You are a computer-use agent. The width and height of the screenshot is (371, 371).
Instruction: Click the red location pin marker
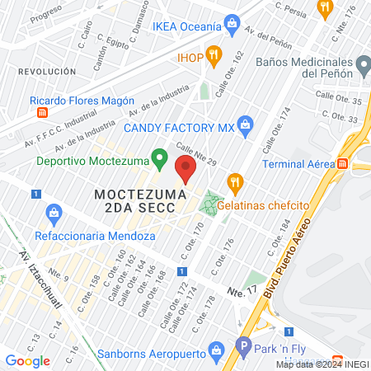point(185,170)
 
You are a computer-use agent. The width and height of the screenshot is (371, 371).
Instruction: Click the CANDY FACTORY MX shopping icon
point(244,124)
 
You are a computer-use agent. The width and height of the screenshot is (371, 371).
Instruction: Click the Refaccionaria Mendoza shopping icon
point(54,213)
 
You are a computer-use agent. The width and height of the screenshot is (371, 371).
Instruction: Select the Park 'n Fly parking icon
point(243,347)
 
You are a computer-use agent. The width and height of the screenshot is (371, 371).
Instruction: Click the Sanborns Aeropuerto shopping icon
point(216,350)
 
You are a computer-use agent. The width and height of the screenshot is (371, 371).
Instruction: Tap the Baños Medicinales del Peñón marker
point(362,63)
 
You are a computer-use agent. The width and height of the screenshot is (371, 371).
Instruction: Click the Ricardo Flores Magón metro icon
point(42,111)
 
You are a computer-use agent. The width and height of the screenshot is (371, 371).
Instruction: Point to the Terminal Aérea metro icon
point(359,164)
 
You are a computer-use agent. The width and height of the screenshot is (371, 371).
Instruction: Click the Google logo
point(27,360)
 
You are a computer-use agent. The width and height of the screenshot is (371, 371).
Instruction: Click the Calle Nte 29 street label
point(195,154)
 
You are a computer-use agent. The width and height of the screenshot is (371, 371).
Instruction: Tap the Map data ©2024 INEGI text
point(322,364)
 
